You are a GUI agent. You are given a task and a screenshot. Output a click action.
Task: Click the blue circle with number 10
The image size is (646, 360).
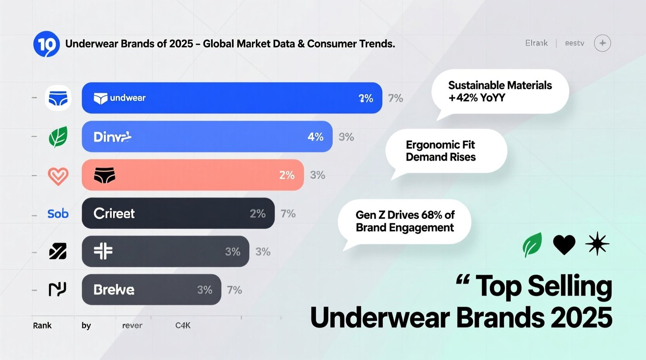click(46, 44)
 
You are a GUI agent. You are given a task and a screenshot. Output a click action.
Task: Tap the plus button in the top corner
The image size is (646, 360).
click(602, 43)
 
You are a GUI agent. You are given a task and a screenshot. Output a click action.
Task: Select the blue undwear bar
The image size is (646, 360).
click(232, 98)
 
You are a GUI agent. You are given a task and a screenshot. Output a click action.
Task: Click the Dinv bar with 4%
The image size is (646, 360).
click(207, 137)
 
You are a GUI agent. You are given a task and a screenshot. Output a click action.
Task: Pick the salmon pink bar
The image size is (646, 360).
click(193, 175)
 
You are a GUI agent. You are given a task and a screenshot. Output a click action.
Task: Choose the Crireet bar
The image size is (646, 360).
click(178, 213)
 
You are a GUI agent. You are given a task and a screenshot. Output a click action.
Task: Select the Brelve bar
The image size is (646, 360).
click(151, 290)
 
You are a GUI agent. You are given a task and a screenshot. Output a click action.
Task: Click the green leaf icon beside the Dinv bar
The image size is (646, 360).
click(58, 137)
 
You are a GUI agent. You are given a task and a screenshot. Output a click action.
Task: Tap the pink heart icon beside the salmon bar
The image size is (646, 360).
click(58, 176)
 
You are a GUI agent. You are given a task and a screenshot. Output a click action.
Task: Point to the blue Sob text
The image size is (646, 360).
click(58, 213)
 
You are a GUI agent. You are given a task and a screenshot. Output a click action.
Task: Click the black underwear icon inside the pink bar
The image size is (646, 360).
click(105, 176)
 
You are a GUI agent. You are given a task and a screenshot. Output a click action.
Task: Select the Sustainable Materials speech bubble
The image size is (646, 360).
click(500, 92)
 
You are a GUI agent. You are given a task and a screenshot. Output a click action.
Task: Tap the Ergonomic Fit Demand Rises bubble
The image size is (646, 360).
click(446, 151)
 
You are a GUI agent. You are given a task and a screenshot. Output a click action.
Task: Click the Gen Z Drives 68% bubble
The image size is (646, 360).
click(405, 221)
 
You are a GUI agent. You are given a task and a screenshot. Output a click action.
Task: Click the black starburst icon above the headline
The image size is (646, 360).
click(597, 244)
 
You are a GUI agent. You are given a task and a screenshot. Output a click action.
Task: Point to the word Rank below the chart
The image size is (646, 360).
click(42, 325)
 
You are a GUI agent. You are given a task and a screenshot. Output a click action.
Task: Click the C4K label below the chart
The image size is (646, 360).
click(183, 325)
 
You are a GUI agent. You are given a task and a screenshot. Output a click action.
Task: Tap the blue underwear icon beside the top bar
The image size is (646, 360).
click(58, 98)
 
